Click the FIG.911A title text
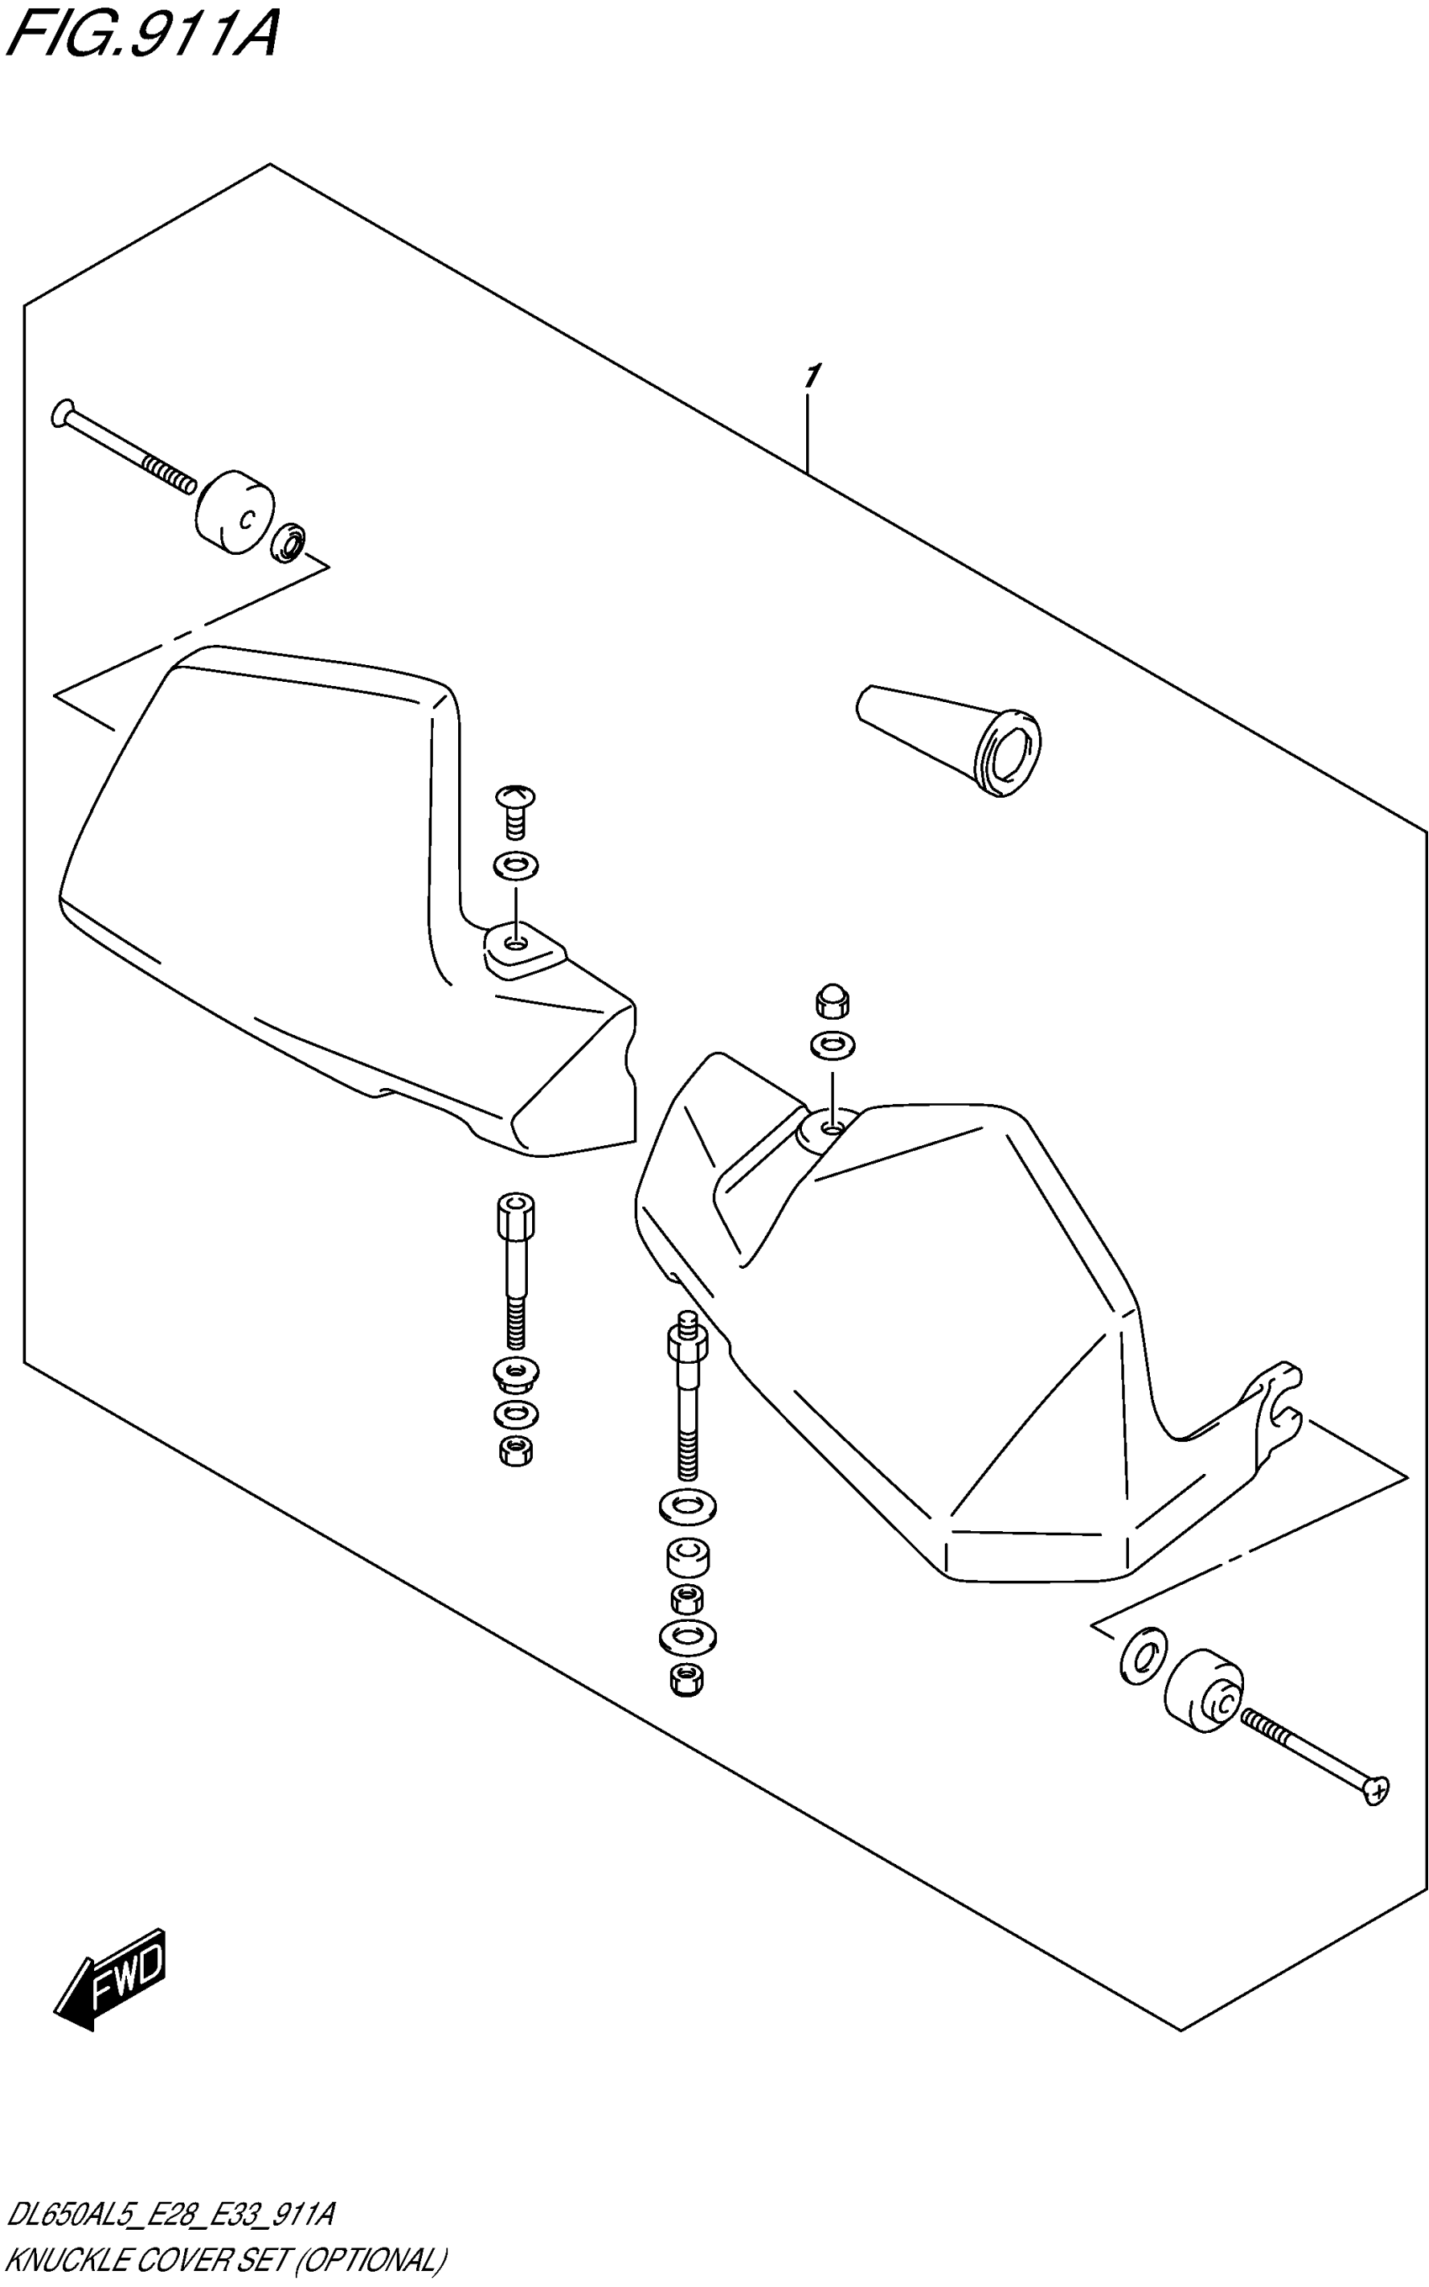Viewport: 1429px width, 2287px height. tap(142, 36)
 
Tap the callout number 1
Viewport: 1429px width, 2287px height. tap(811, 376)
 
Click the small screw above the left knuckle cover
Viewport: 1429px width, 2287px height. tap(516, 808)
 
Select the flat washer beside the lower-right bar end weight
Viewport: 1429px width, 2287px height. tap(1142, 1655)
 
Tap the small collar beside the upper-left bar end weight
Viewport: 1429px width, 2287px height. tap(289, 541)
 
